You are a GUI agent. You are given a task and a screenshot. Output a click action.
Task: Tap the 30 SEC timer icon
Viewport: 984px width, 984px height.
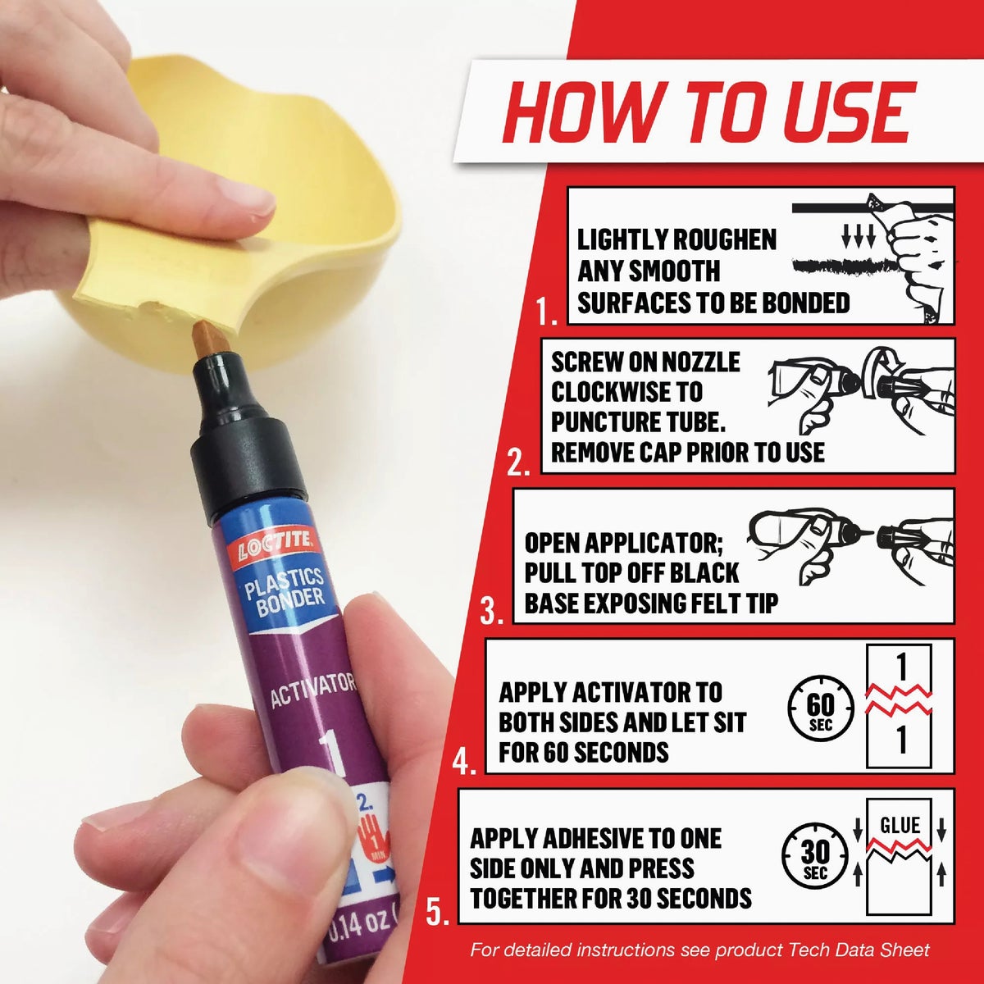[x=814, y=857]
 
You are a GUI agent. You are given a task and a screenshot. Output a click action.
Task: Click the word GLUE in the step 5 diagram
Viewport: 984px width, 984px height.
[x=900, y=824]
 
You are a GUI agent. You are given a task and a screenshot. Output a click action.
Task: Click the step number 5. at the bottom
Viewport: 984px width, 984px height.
[x=438, y=912]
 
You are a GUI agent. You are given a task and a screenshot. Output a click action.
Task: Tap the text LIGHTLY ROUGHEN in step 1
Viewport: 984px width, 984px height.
[x=676, y=239]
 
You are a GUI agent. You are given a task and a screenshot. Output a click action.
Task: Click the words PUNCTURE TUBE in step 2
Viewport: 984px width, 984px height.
[x=639, y=421]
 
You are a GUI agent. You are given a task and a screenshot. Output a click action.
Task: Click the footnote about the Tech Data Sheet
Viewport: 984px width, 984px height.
[x=699, y=950]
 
